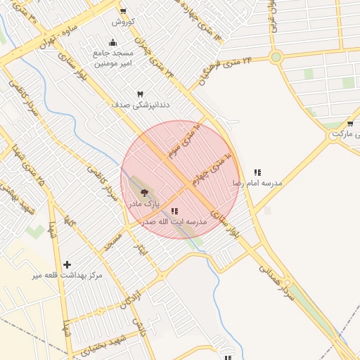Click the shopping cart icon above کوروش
[x=124, y=11]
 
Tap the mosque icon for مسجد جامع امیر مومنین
[x=113, y=42]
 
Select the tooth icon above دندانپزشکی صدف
[x=139, y=94]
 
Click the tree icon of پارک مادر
[x=144, y=191]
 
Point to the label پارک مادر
[x=143, y=202]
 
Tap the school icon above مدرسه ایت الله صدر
[x=174, y=210]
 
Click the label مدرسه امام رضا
[x=257, y=183]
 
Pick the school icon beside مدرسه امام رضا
[x=257, y=172]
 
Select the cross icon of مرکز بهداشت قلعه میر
[x=67, y=264]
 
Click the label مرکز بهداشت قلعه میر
[x=67, y=275]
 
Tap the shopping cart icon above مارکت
[x=349, y=124]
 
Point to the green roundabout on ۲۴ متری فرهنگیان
[x=276, y=57]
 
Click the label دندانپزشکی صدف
[x=139, y=105]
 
